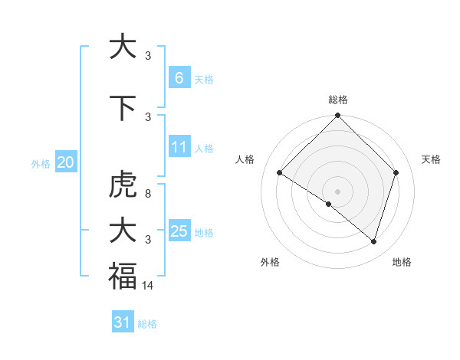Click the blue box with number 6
pyautogui.click(x=179, y=77)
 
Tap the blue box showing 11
pyautogui.click(x=179, y=146)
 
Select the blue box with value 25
pyautogui.click(x=179, y=231)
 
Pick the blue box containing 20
pyautogui.click(x=65, y=162)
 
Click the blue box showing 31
pyautogui.click(x=123, y=322)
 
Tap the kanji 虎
pyautogui.click(x=122, y=185)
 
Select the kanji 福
pyautogui.click(x=122, y=276)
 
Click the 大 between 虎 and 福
pyautogui.click(x=122, y=231)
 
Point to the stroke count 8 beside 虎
pyautogui.click(x=148, y=194)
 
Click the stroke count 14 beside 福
pyautogui.click(x=148, y=285)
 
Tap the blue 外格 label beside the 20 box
pyautogui.click(x=41, y=163)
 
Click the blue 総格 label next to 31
pyautogui.click(x=147, y=324)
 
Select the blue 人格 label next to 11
pyautogui.click(x=204, y=148)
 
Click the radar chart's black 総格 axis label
pyautogui.click(x=337, y=100)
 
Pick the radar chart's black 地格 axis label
pyautogui.click(x=402, y=262)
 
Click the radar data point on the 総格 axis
pyautogui.click(x=337, y=116)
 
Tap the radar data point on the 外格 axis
pyautogui.click(x=329, y=204)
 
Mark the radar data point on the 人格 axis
pyautogui.click(x=280, y=173)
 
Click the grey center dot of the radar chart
pyautogui.click(x=337, y=191)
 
